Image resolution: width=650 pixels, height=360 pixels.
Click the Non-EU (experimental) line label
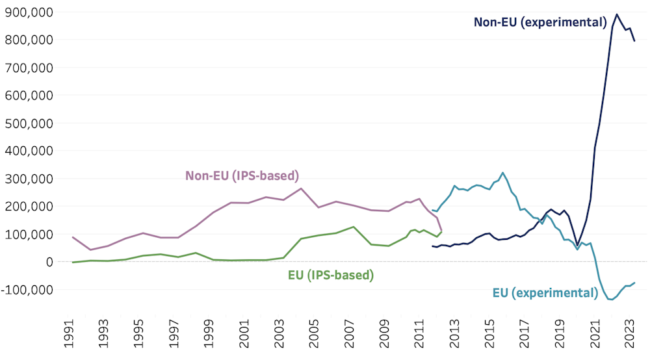(539, 22)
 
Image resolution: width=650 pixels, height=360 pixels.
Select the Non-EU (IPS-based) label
(242, 175)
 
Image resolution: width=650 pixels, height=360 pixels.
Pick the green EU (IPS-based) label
(331, 275)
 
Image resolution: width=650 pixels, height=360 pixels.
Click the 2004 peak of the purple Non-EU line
(302, 188)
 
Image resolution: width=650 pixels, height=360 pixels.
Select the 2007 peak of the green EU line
(353, 227)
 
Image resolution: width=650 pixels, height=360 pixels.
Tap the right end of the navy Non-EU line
(634, 41)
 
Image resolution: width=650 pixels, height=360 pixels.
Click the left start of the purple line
(72, 237)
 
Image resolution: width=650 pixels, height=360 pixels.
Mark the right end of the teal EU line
(634, 283)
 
